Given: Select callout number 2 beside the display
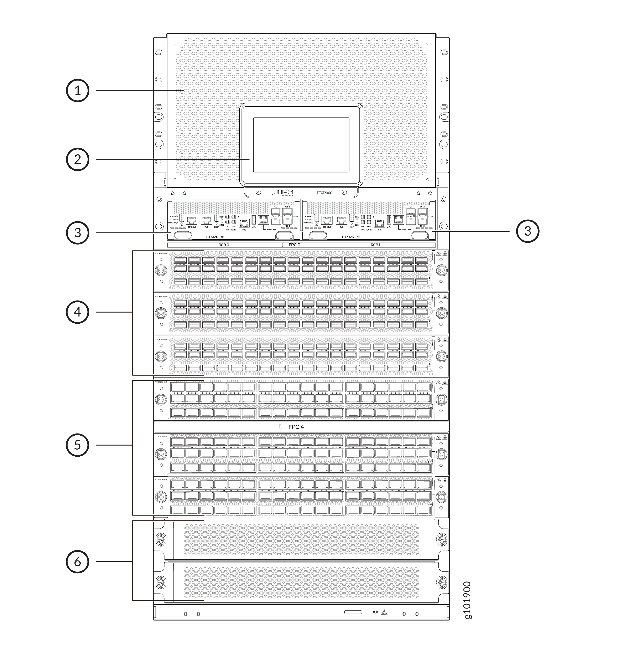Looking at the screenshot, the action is pyautogui.click(x=77, y=159).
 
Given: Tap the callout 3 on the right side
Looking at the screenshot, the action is pyautogui.click(x=527, y=231).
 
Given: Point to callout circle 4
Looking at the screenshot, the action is pyautogui.click(x=77, y=312).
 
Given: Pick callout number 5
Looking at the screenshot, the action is pyautogui.click(x=77, y=445).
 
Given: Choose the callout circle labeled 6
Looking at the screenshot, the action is pyautogui.click(x=77, y=562).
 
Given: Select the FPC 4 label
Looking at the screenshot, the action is pyautogui.click(x=296, y=427).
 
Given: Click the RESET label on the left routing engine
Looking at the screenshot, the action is pyautogui.click(x=217, y=227).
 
